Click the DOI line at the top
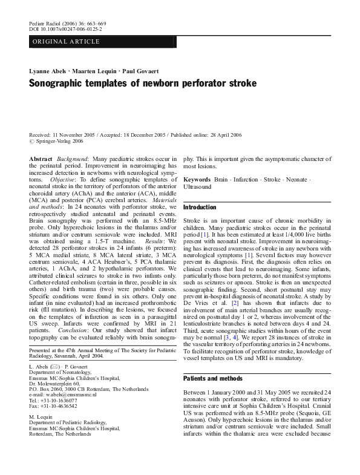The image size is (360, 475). click(65, 29)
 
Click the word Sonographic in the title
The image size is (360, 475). click(58, 83)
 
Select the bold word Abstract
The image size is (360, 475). click(41, 158)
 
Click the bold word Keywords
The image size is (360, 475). click(197, 180)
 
